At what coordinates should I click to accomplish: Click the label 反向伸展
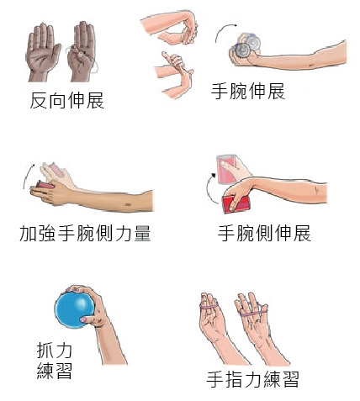pos(66,100)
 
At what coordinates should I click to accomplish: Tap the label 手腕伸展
pos(248,91)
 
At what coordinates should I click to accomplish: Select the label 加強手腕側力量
pos(85,233)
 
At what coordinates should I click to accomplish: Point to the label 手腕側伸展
pos(264,233)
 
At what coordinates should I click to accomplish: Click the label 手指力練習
pos(252,379)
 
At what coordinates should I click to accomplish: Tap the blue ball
pos(74,309)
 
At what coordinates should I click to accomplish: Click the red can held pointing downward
pos(236,203)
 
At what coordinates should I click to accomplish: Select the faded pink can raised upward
pos(226,169)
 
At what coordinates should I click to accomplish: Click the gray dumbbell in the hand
pos(246,45)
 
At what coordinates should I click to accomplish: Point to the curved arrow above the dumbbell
pos(222,29)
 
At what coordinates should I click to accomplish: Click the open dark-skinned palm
pos(43,52)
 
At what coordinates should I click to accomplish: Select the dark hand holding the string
pos(82,52)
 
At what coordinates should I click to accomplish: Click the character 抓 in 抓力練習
pos(45,351)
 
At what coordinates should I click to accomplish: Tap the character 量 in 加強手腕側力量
pos(142,233)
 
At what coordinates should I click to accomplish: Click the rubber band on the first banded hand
pos(210,307)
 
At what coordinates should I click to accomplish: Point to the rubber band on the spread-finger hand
pos(254,313)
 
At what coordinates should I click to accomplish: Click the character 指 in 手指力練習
pos(234,379)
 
